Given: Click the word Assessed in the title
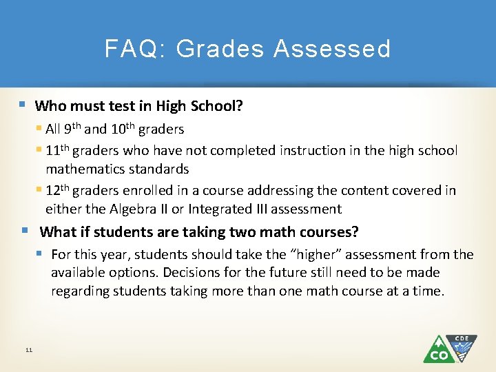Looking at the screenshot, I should pos(332,49).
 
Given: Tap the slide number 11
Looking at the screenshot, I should pos(28,351).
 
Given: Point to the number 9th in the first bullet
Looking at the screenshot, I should pos(73,129).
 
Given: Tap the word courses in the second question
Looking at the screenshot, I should pos(326,232).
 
